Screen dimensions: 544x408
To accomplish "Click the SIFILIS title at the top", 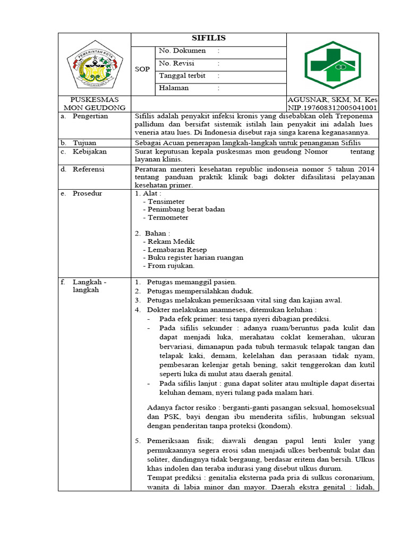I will click(208, 38).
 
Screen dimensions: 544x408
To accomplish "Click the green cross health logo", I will click(332, 64).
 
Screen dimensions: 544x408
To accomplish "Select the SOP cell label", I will click(142, 70).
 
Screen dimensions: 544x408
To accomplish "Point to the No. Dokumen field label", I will click(182, 50).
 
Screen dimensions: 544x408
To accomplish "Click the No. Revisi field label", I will click(177, 63).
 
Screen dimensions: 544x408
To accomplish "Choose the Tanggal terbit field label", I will click(182, 75).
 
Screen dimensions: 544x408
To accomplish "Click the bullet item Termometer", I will click(168, 218).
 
